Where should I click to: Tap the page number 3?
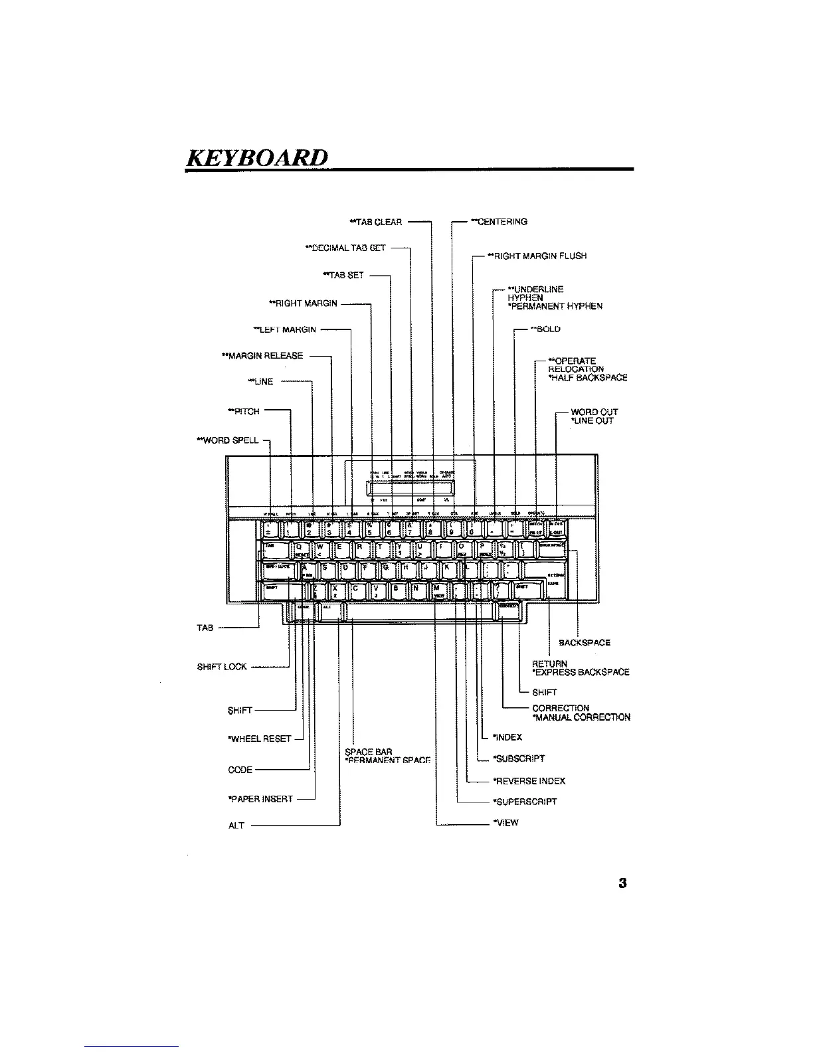point(622,883)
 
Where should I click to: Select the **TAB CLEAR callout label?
point(376,222)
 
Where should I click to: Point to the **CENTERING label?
point(499,222)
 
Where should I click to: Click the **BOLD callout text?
point(545,329)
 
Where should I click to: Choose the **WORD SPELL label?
point(227,440)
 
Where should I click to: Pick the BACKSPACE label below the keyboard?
point(585,642)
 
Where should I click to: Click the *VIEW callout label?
point(505,822)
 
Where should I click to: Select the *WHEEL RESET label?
point(260,739)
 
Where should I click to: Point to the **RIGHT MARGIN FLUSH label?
point(537,256)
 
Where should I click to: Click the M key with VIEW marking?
point(438,590)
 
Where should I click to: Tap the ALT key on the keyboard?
point(330,608)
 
